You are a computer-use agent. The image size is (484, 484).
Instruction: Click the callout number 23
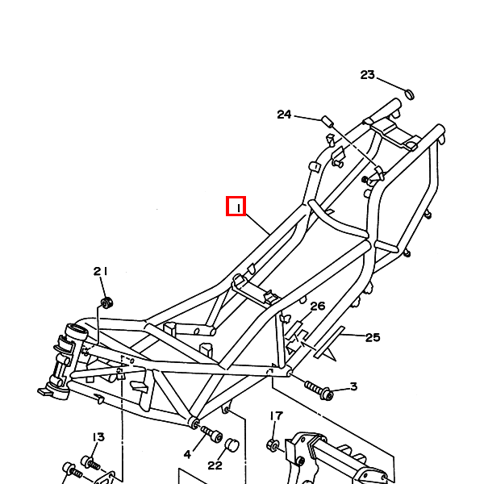coord(367,75)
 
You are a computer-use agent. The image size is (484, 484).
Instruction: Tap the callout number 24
coord(284,115)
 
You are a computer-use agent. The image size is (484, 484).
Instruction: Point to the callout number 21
coord(100,271)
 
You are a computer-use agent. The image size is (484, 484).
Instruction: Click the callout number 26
coord(318,307)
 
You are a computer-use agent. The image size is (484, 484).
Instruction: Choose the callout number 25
coord(373,337)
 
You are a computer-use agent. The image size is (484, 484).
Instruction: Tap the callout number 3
coord(354,386)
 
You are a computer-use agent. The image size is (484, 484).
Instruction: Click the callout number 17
coord(276,415)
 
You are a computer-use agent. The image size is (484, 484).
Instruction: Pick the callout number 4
coord(187,454)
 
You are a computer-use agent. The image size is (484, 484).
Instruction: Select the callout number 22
coord(215,465)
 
